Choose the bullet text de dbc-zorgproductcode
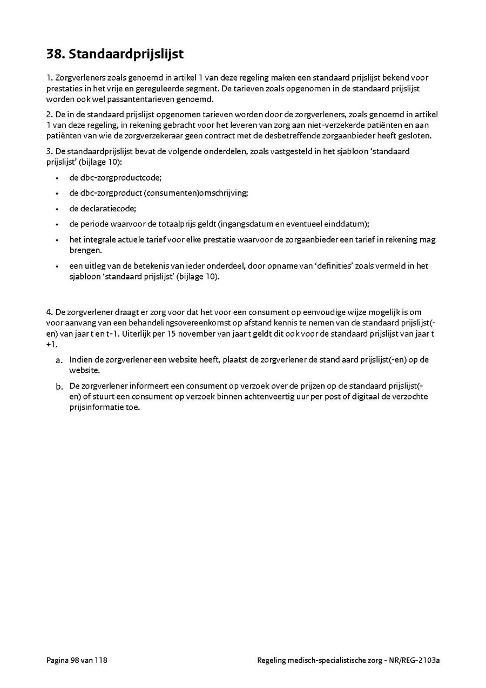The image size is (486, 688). (116, 177)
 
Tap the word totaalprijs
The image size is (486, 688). (195, 224)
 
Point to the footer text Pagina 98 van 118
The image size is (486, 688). (77, 660)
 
